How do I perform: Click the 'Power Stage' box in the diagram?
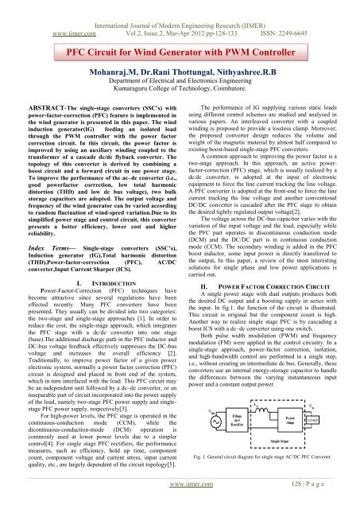pos(291,419)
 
